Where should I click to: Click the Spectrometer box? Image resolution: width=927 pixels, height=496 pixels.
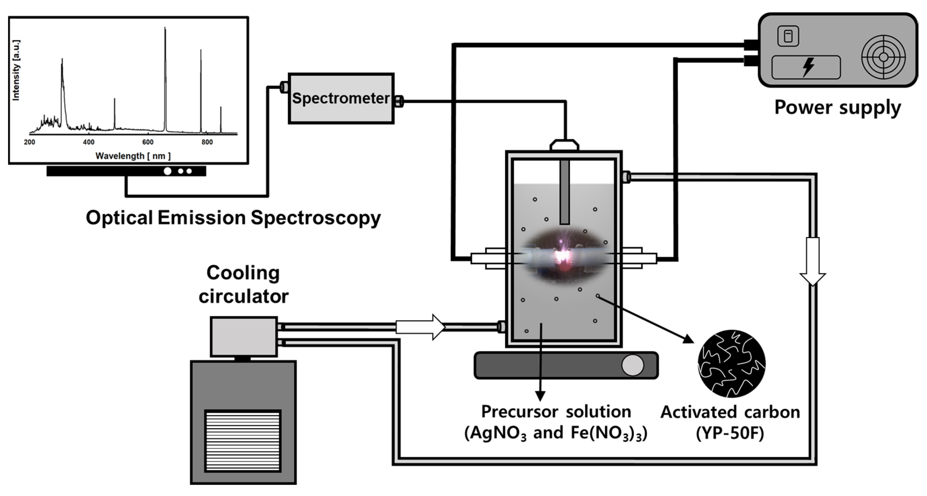click(x=341, y=98)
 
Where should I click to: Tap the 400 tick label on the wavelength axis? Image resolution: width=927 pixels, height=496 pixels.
click(x=88, y=142)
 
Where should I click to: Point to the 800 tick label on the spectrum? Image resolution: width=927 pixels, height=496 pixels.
click(x=207, y=142)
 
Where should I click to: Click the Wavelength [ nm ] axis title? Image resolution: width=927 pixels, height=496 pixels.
click(x=133, y=156)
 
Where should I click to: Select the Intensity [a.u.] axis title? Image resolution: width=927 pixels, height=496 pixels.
click(x=16, y=70)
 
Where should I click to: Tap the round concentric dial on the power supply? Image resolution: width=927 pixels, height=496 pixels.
click(x=883, y=57)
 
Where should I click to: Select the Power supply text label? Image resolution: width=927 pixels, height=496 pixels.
click(x=837, y=107)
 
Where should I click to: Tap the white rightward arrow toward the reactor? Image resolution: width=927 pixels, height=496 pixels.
click(x=420, y=327)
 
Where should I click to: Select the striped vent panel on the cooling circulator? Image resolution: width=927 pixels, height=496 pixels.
click(x=243, y=441)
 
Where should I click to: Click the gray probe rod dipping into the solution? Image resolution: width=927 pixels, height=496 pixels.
click(x=565, y=192)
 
